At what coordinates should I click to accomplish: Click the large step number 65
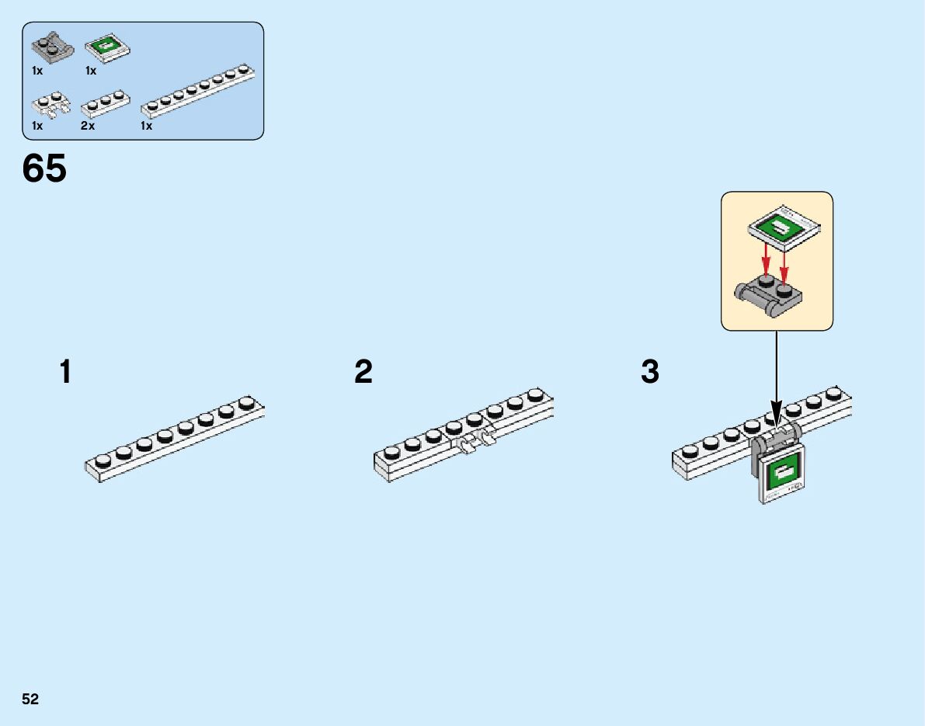[45, 168]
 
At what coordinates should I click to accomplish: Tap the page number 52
[30, 700]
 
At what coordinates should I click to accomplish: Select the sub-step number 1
[66, 372]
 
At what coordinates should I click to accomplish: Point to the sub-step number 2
[363, 372]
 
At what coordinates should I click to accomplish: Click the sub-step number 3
[650, 372]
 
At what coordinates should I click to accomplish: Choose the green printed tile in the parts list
[106, 48]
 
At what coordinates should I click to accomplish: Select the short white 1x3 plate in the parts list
[104, 103]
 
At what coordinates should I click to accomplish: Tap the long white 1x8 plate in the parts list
[199, 92]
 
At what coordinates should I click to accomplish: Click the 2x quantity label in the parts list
[88, 126]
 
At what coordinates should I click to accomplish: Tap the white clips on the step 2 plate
[476, 443]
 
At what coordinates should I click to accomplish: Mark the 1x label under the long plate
[146, 126]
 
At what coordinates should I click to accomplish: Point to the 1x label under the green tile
[91, 71]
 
